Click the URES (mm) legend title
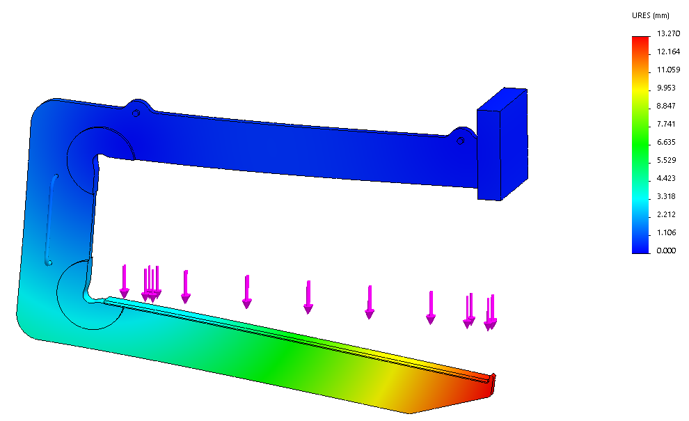point(650,15)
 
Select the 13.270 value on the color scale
point(668,33)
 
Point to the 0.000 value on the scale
point(666,251)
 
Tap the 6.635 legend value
point(666,142)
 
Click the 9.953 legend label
point(666,88)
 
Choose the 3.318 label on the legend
point(666,196)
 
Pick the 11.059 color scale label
point(668,70)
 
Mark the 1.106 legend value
point(666,232)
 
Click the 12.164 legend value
point(668,52)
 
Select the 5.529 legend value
point(666,161)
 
